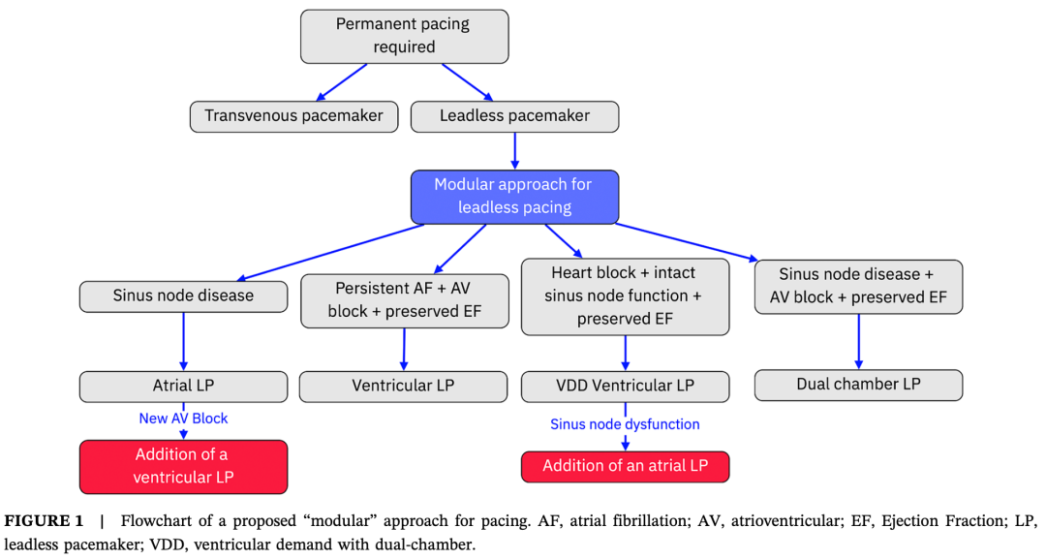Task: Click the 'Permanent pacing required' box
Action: [x=404, y=36]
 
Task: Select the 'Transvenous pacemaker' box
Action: [x=293, y=116]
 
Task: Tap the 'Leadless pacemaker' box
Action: [x=514, y=116]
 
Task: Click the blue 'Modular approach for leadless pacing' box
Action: [x=514, y=196]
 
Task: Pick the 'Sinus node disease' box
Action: [x=183, y=296]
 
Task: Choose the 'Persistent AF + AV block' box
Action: [x=404, y=300]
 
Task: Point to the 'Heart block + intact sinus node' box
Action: [x=625, y=296]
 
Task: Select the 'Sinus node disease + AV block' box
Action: [x=858, y=287]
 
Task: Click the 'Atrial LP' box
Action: [x=183, y=386]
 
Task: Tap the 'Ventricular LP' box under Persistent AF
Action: [x=403, y=386]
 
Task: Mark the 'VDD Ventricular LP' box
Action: [x=625, y=386]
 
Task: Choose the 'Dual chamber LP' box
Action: [x=858, y=385]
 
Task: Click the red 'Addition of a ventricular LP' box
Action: [x=183, y=466]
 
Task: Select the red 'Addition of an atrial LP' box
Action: [x=625, y=466]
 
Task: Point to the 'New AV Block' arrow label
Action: [x=183, y=419]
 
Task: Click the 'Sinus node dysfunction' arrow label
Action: [x=625, y=424]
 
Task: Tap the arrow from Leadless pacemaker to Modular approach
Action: [x=514, y=150]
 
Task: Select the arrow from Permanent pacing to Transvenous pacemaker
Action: [x=344, y=81]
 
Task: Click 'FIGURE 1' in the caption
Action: [x=45, y=521]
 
